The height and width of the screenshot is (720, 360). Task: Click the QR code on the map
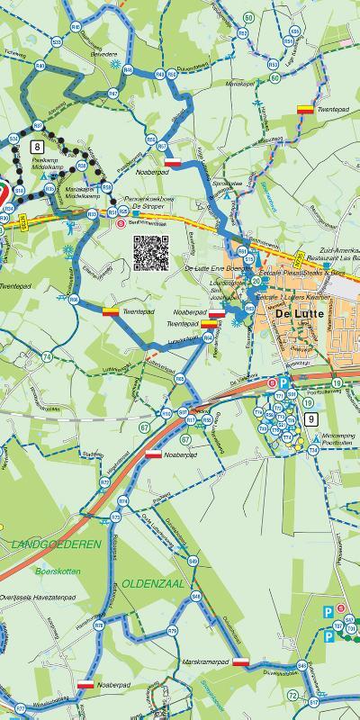151,252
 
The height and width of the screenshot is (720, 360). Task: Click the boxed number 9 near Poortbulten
310,418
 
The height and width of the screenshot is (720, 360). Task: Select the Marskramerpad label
206,661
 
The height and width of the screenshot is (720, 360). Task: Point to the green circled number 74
46,357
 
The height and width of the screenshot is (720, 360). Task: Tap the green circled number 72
292,696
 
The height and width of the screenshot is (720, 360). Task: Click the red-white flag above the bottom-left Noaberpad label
85,684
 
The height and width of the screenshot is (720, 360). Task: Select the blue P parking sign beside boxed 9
283,382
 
